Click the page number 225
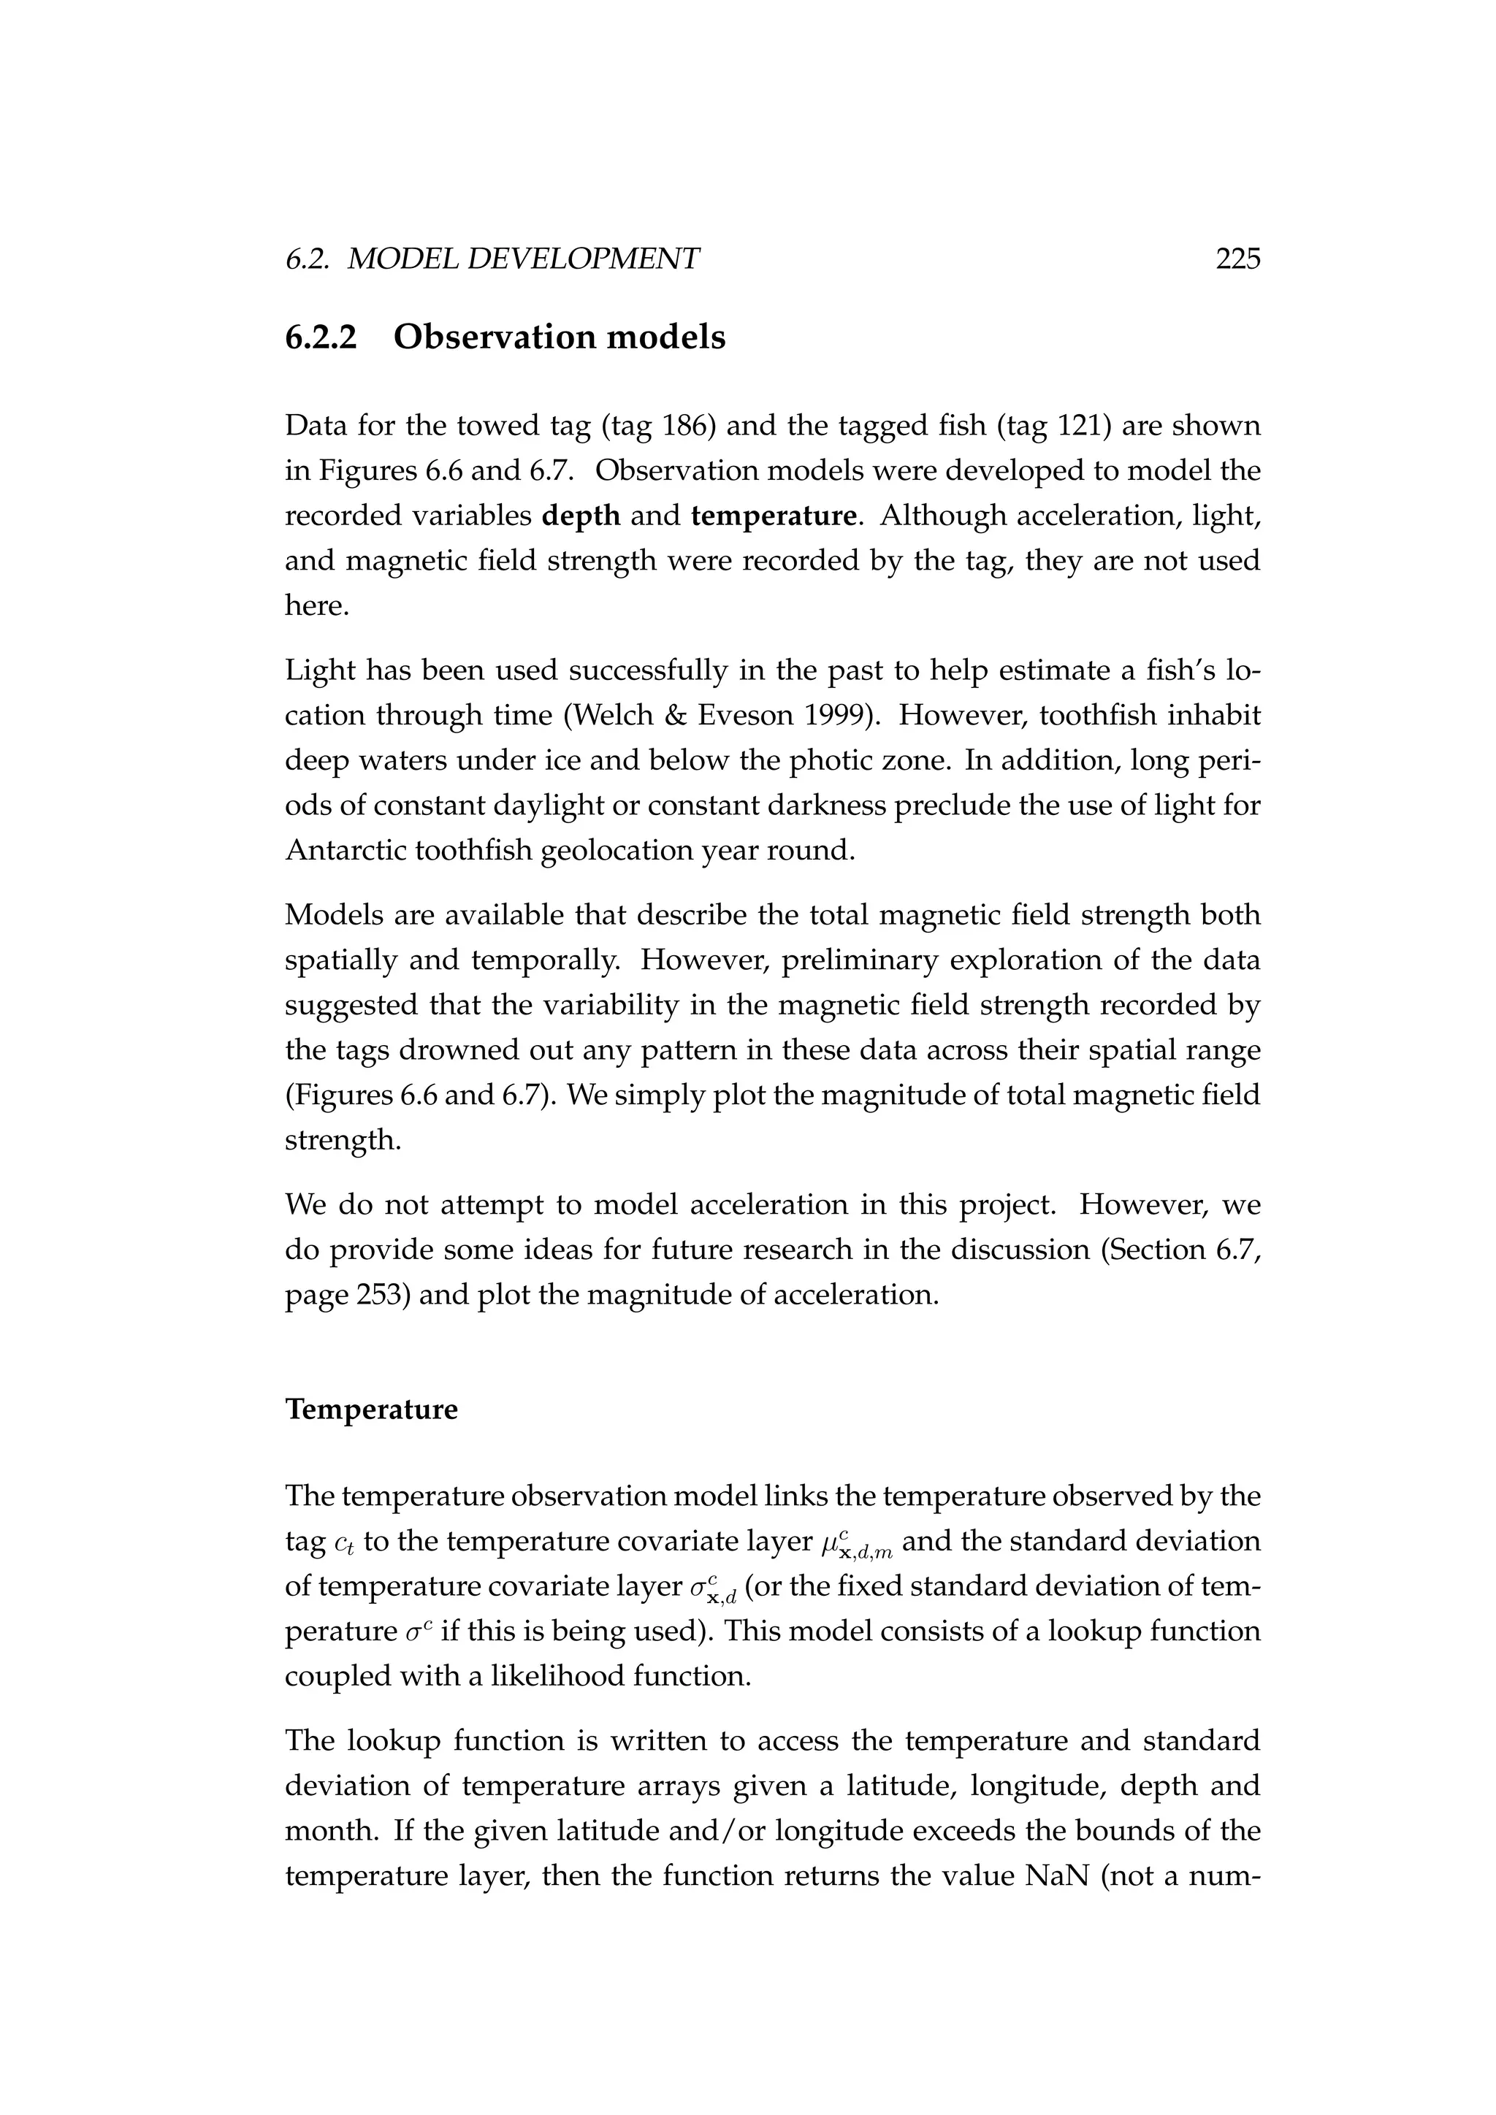tap(1237, 260)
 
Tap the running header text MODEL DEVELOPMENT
tap(523, 260)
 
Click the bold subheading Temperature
tap(370, 1410)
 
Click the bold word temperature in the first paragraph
tap(774, 516)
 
